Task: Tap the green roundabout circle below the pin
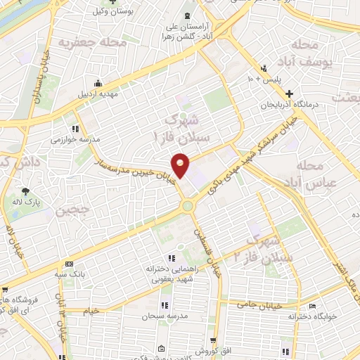[x=188, y=206]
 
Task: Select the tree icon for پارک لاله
[x=25, y=191]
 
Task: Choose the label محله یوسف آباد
[x=309, y=53]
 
